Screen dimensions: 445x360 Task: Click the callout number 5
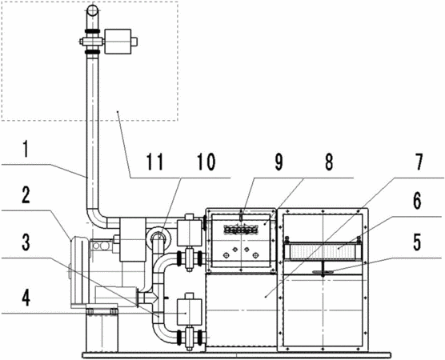click(x=416, y=242)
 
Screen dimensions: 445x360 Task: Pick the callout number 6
click(x=417, y=202)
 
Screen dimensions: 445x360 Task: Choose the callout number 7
click(x=417, y=162)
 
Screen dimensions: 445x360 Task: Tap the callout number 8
click(x=328, y=162)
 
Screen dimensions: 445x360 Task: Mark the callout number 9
click(x=279, y=162)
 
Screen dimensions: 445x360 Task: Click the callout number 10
click(x=206, y=162)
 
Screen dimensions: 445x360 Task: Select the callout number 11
click(x=155, y=162)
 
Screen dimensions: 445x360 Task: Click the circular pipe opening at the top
click(x=92, y=10)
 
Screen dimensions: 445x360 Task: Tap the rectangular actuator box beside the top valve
click(x=118, y=42)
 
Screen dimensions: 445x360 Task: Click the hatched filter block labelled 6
click(x=323, y=251)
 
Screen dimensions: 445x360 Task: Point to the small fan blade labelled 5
click(x=323, y=272)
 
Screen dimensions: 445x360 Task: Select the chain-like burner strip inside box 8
click(x=241, y=230)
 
